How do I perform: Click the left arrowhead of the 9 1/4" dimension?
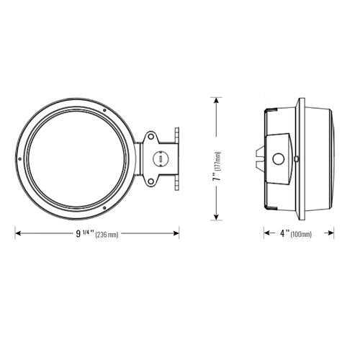18,233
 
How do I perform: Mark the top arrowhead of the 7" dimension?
215,99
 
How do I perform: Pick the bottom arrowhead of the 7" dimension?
215,218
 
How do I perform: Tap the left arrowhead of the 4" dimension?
262,233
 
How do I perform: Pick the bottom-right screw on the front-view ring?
105,208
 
